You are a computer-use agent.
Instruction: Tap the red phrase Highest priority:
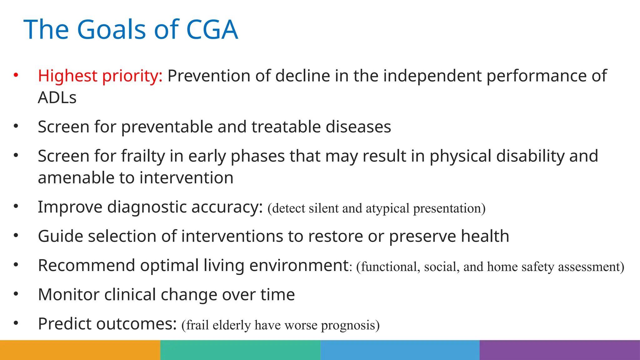pos(100,76)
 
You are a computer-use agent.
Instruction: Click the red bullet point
pos(16,75)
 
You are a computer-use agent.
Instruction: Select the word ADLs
pos(57,98)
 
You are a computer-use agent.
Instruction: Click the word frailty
pos(143,156)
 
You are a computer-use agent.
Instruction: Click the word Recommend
pos(87,266)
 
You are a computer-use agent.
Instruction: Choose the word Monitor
pos(68,295)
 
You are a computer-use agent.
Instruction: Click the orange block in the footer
pos(80,350)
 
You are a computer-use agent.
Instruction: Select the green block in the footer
pos(240,350)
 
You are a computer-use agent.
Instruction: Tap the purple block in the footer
pos(560,350)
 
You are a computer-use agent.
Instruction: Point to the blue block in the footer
pos(400,350)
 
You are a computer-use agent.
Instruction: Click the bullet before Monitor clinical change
pos(16,294)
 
